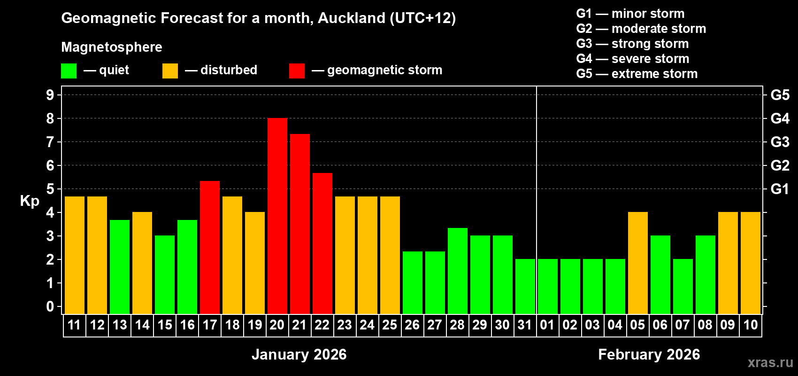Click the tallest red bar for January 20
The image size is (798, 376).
click(x=277, y=216)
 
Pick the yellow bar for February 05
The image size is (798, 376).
click(x=637, y=263)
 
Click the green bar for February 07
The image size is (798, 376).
click(x=683, y=287)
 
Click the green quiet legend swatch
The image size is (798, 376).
click(x=69, y=71)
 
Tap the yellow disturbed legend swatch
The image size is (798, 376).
click(x=170, y=71)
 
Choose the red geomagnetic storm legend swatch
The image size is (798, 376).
click(x=297, y=71)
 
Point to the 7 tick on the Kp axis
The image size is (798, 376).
click(x=50, y=142)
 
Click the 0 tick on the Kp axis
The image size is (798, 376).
click(x=50, y=307)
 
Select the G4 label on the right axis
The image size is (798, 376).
click(x=780, y=118)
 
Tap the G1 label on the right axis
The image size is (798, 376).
click(x=780, y=189)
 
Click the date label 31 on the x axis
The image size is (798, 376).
click(x=525, y=325)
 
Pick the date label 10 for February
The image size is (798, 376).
click(x=750, y=325)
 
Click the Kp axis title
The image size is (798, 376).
click(x=30, y=201)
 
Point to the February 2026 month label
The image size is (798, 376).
click(x=649, y=354)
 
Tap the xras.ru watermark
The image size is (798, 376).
click(x=770, y=362)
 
